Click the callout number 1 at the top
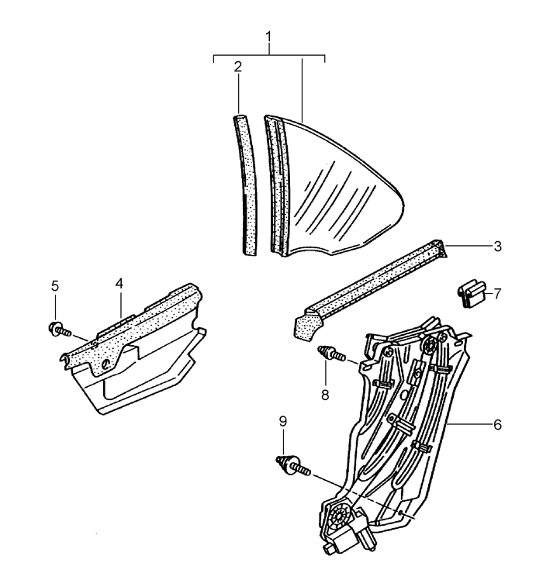click(268, 37)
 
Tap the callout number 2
click(238, 67)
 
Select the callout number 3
click(497, 247)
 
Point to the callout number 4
click(119, 284)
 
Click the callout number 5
click(55, 286)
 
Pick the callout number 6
click(497, 425)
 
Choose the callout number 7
click(497, 294)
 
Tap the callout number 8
click(325, 395)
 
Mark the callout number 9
click(283, 421)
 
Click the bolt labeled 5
click(60, 330)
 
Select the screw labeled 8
click(331, 353)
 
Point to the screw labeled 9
click(293, 466)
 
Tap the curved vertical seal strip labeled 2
click(246, 185)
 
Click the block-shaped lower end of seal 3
click(307, 326)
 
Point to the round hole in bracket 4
click(105, 364)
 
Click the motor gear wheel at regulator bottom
click(338, 515)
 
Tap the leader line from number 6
click(469, 426)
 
